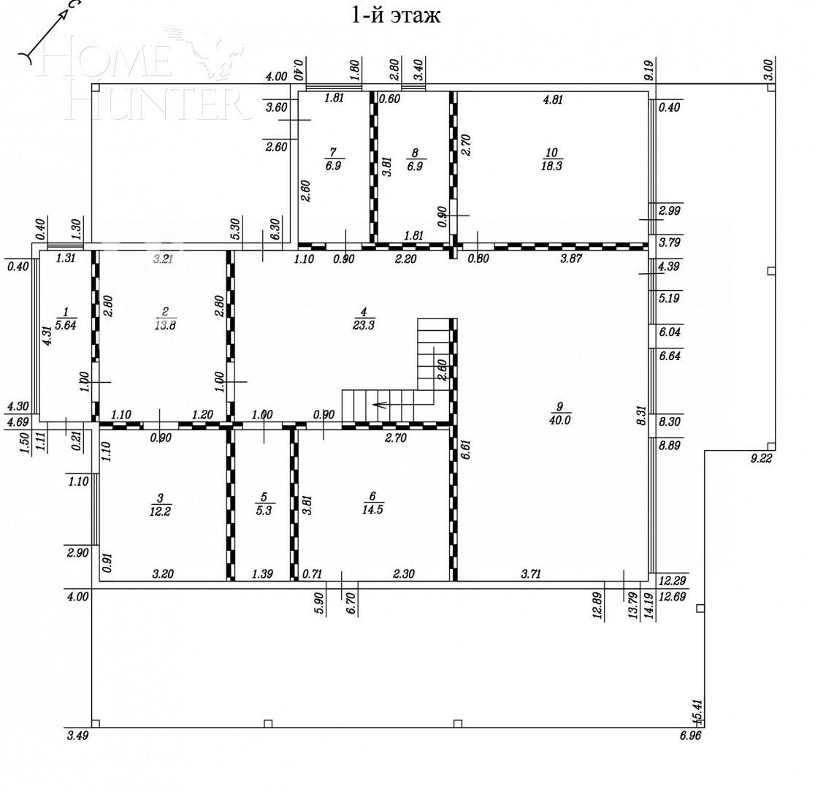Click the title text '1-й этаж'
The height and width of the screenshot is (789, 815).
click(396, 15)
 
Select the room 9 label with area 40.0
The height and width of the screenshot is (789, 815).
click(560, 413)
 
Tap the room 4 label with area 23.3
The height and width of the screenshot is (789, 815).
click(363, 319)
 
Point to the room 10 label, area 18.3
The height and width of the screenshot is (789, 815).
click(551, 159)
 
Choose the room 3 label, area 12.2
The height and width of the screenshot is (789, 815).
click(160, 505)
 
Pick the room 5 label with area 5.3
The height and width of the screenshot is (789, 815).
click(264, 504)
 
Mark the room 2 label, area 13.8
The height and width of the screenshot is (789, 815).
click(165, 319)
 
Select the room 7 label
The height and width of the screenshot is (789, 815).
click(333, 159)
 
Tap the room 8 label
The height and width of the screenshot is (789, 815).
click(415, 159)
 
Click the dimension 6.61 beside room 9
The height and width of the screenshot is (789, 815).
click(465, 448)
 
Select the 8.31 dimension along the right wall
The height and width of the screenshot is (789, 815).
click(640, 416)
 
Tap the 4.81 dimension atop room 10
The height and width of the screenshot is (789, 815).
click(553, 100)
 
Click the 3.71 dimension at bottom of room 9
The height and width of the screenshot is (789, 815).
click(532, 574)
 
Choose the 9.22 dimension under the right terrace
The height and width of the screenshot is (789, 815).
click(761, 459)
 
